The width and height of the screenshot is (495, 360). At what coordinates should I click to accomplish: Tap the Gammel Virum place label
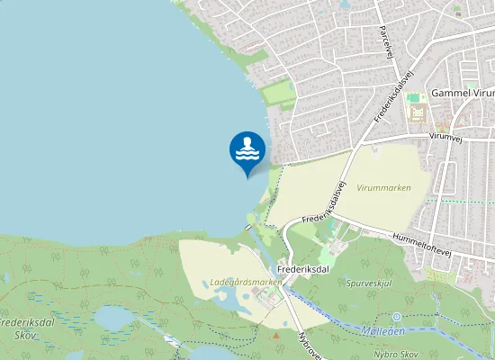(462, 93)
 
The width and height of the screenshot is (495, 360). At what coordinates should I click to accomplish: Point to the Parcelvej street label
(387, 41)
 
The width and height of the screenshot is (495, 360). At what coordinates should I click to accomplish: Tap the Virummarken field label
(383, 188)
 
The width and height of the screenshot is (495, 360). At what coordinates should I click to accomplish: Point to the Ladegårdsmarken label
(245, 282)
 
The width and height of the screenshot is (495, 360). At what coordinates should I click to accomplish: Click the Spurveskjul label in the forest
(369, 283)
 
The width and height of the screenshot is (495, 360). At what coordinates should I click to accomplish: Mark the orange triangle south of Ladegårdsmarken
(275, 336)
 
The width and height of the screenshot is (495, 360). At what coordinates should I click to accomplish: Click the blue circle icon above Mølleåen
(397, 317)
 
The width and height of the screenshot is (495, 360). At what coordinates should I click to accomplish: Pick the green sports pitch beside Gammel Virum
(413, 97)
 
